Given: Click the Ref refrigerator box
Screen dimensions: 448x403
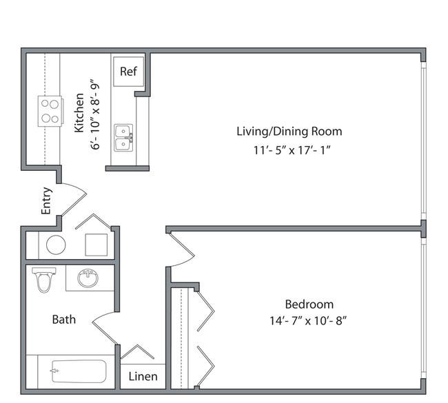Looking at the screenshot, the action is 128,72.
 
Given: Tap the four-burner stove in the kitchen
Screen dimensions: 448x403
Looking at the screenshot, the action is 50,111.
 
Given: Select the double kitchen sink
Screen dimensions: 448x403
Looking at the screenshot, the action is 123,138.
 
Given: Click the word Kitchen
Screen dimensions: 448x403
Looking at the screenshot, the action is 79,112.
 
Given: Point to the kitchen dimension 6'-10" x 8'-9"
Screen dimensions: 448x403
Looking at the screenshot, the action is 95,114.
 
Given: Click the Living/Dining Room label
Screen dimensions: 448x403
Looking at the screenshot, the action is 289,132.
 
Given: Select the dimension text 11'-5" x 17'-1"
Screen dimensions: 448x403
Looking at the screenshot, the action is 292,150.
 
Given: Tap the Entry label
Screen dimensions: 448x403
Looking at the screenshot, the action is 47,200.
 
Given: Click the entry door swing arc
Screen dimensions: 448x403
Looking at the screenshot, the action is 74,198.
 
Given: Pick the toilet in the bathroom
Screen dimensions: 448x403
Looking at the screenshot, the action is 43,280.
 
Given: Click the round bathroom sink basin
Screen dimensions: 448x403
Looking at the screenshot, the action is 88,278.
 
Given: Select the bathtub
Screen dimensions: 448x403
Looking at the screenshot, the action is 79,371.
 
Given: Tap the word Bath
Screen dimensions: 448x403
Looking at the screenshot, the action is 64,320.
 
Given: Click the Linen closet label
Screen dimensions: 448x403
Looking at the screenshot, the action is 143,376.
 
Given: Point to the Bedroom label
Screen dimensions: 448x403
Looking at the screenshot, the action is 309,304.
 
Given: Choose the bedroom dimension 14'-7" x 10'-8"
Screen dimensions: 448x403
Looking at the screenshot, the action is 308,321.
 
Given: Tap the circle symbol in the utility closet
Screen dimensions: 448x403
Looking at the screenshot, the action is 56,245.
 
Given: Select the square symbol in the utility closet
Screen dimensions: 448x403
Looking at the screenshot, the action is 96,245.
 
